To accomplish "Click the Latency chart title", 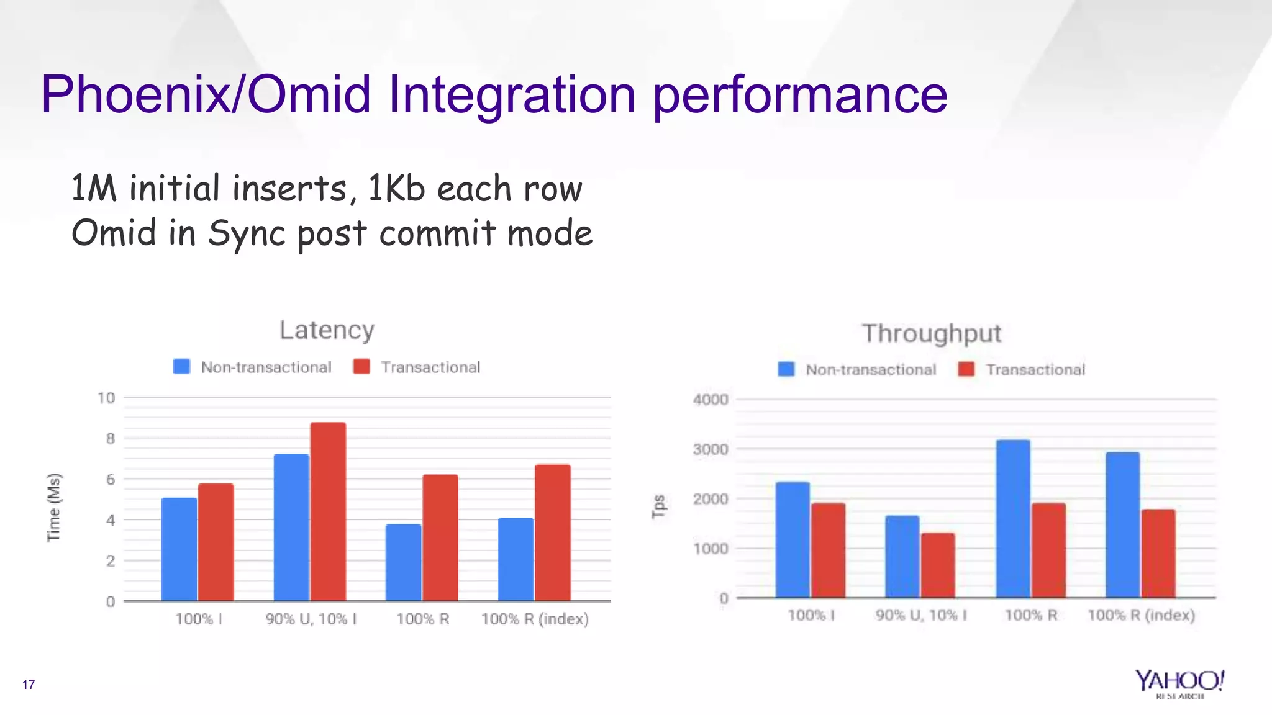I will tap(327, 330).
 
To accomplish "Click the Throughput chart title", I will tap(931, 334).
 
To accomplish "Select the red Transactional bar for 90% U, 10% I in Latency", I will tap(328, 512).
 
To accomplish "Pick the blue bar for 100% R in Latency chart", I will tap(403, 563).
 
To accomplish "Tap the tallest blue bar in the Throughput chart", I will tap(1013, 519).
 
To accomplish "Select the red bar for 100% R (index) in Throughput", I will tap(1158, 554).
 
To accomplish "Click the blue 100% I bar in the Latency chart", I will tap(179, 549).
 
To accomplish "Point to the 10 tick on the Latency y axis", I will tap(106, 398).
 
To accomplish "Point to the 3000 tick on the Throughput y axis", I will tap(711, 449).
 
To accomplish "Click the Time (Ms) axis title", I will tap(54, 507).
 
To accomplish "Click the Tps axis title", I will tap(659, 506).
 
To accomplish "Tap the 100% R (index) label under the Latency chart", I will tap(535, 619).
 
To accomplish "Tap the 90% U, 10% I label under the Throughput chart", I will tap(921, 615).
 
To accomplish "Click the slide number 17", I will tap(29, 685).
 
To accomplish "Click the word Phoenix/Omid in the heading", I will tap(206, 94).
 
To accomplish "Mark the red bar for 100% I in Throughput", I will tap(828, 551).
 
